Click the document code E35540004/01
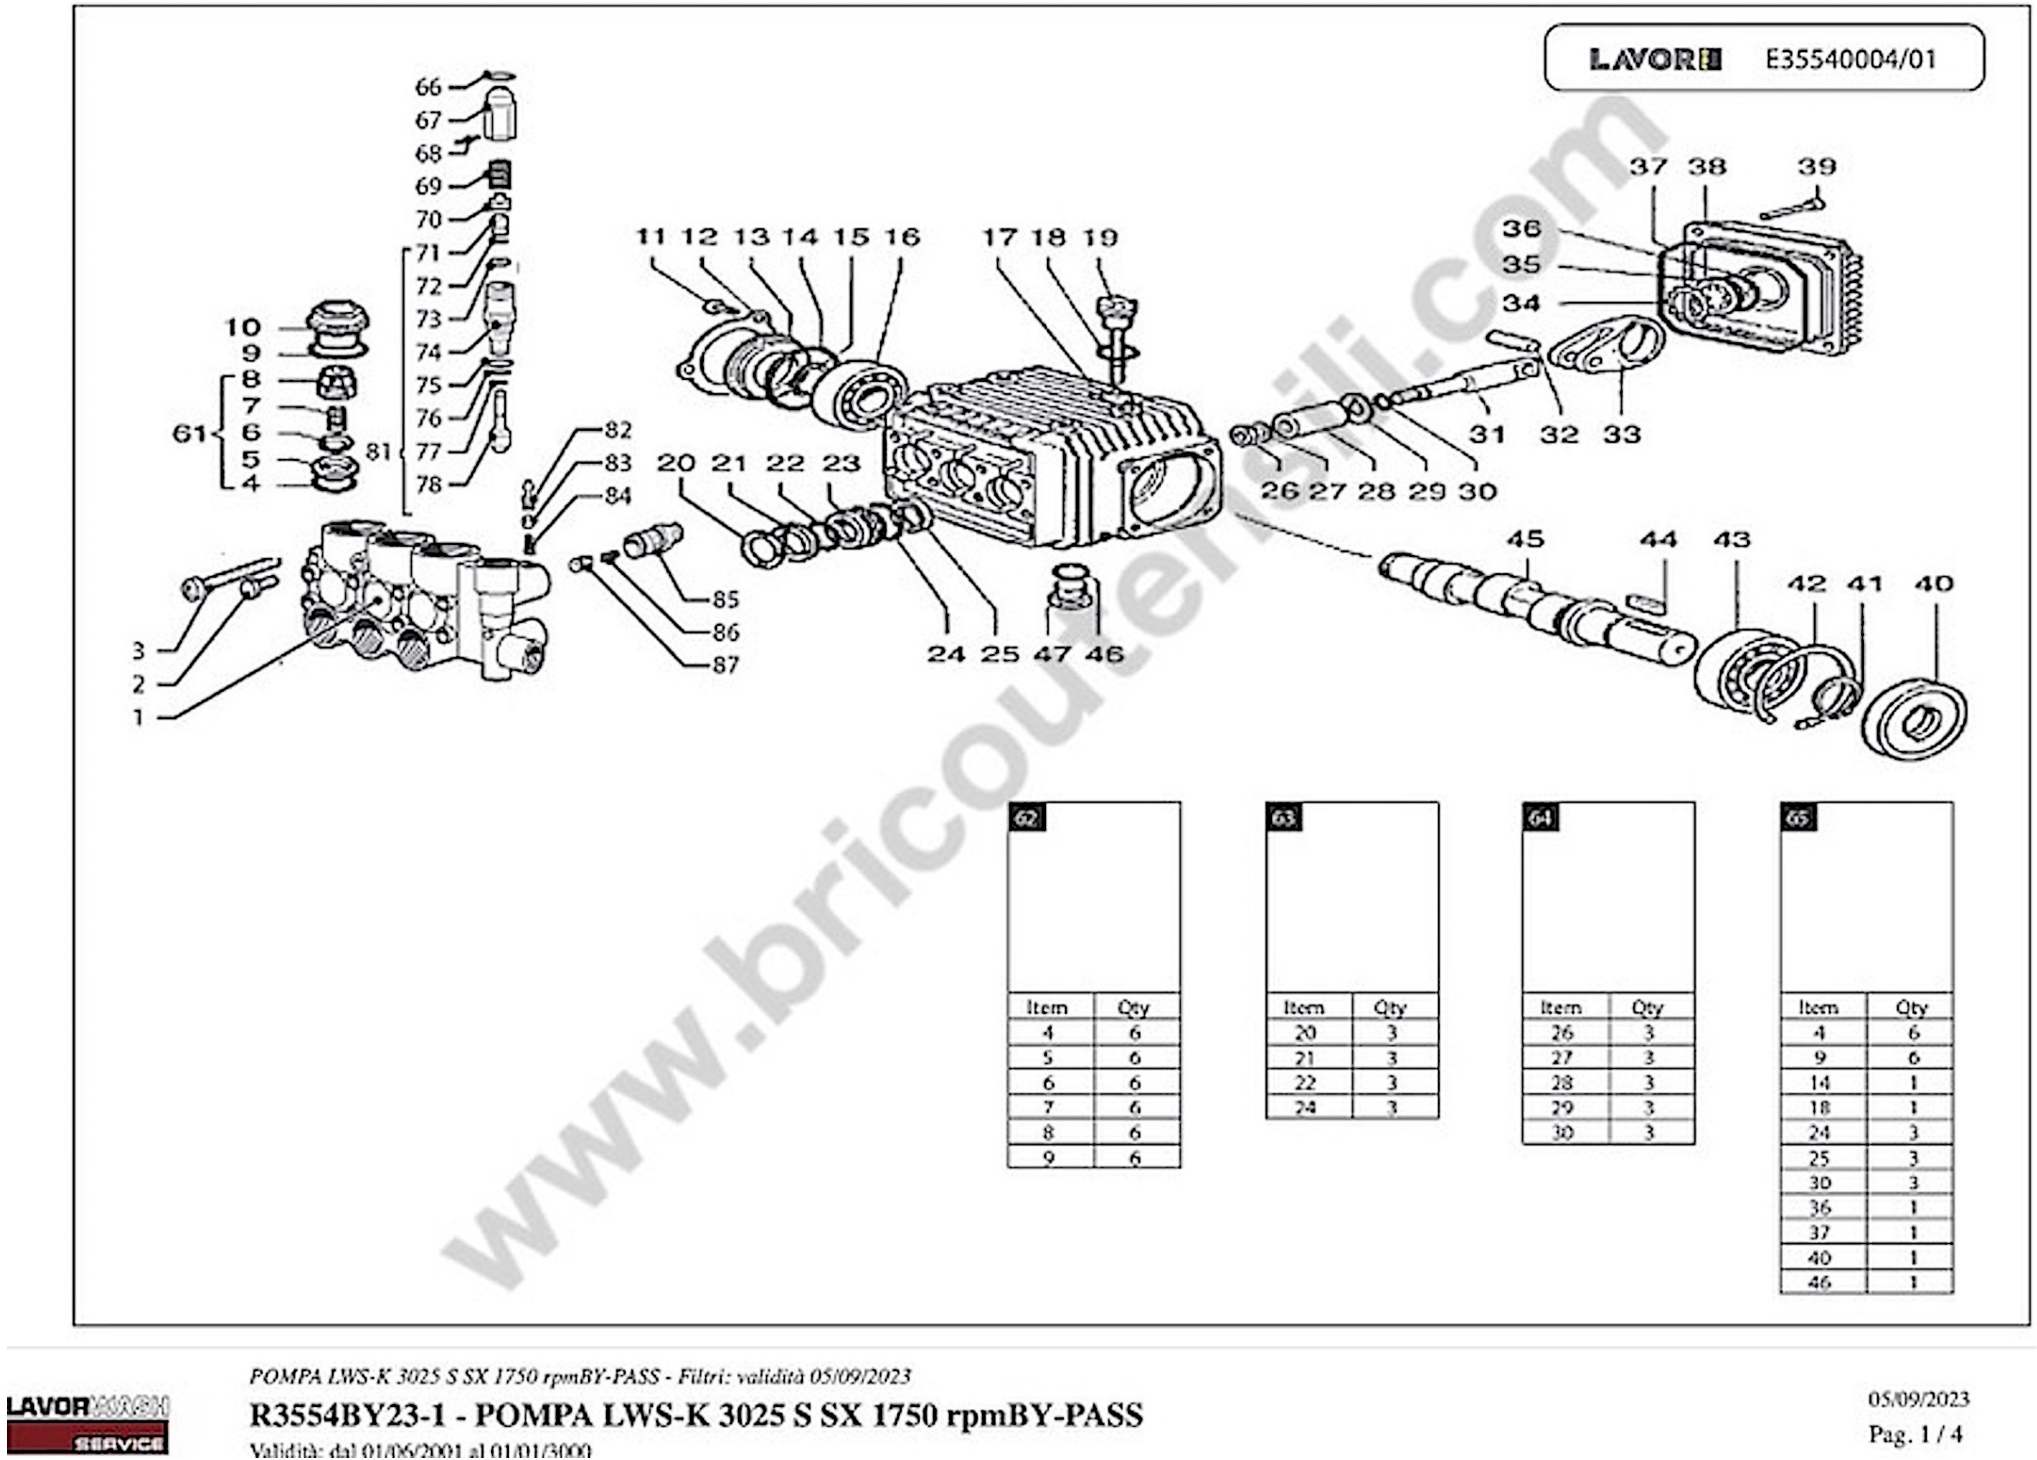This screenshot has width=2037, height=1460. click(x=1850, y=59)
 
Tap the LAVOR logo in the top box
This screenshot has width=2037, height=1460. click(x=1654, y=59)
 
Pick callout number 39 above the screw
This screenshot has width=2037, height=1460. click(x=1816, y=166)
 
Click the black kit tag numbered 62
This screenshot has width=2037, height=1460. click(x=1026, y=817)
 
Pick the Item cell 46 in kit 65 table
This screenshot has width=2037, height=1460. click(x=1820, y=1282)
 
